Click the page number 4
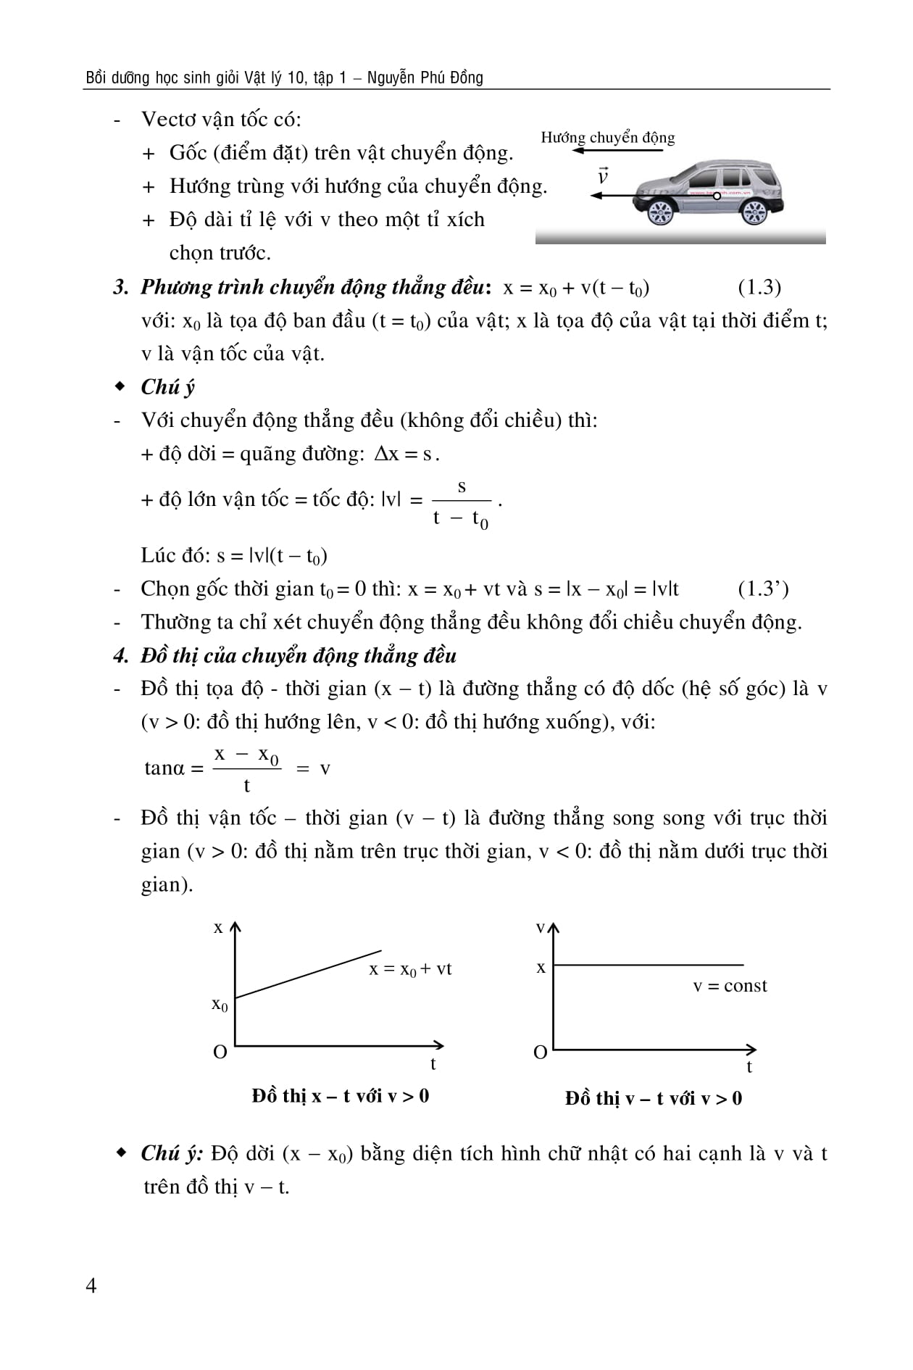pyautogui.click(x=91, y=1285)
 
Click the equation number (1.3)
pyautogui.click(x=759, y=287)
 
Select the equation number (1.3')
pyautogui.click(x=763, y=589)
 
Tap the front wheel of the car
pyautogui.click(x=659, y=212)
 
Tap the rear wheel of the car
pyautogui.click(x=754, y=212)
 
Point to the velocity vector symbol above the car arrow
pyautogui.click(x=602, y=175)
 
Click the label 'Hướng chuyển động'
pyautogui.click(x=607, y=138)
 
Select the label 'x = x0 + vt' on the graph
pyautogui.click(x=410, y=969)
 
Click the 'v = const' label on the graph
pyautogui.click(x=730, y=986)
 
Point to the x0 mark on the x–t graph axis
pyautogui.click(x=220, y=1005)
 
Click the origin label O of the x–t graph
pyautogui.click(x=220, y=1052)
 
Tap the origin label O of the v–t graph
pyautogui.click(x=540, y=1053)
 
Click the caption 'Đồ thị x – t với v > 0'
pyautogui.click(x=340, y=1095)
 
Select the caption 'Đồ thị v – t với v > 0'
pyautogui.click(x=654, y=1098)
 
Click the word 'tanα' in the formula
pyautogui.click(x=164, y=768)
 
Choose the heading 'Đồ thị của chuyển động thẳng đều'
pyautogui.click(x=298, y=655)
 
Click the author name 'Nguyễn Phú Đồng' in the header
pyautogui.click(x=425, y=78)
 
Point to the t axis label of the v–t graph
pyautogui.click(x=749, y=1066)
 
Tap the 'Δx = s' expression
pyautogui.click(x=404, y=454)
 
